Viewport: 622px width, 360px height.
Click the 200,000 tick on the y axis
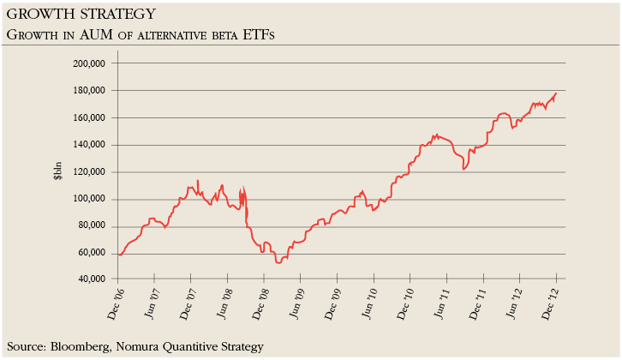(88, 63)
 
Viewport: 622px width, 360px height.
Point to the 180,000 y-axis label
(88, 91)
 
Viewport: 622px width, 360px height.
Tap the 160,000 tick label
(88, 118)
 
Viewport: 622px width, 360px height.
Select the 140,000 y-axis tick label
(88, 145)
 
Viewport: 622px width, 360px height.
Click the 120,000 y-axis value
(88, 172)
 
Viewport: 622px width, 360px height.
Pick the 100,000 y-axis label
(88, 200)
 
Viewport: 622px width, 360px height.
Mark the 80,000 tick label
(91, 227)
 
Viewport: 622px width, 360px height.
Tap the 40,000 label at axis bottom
(91, 279)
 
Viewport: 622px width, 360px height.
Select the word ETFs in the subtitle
(262, 34)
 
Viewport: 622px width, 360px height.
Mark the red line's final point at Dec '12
(556, 93)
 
